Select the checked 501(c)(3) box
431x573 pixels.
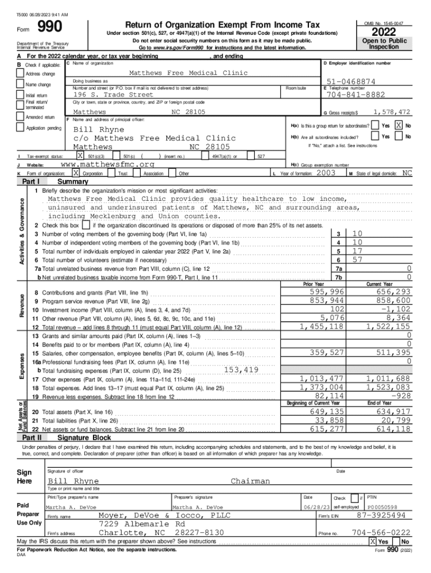[81, 156]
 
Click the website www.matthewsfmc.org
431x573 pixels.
[106, 165]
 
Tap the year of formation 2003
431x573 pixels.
[326, 173]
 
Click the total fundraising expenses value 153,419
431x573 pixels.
[241, 370]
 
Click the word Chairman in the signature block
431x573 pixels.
[250, 481]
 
